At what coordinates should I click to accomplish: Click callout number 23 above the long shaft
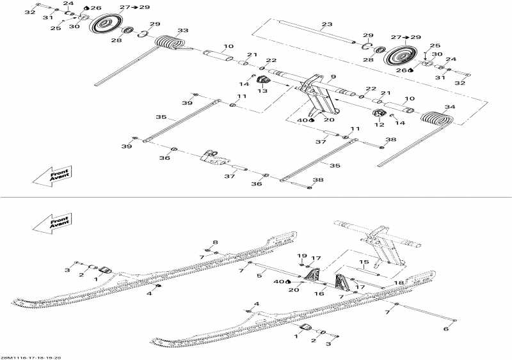(x=327, y=24)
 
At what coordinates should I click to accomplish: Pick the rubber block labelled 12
(x=379, y=116)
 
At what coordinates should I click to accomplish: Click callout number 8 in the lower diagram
(x=215, y=242)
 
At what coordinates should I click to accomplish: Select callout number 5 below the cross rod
(x=259, y=276)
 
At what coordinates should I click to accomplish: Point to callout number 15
(x=363, y=262)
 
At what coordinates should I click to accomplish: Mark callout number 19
(x=301, y=256)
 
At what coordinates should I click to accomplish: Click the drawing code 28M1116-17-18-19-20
(x=31, y=357)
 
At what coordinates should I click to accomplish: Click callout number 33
(x=183, y=31)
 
